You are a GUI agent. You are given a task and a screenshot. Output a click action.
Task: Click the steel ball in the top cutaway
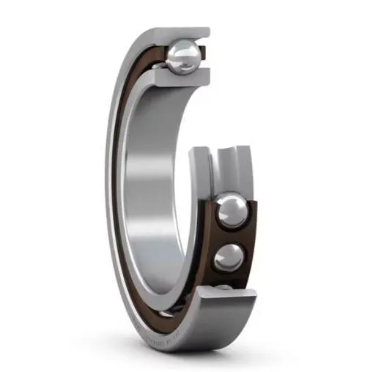(182, 56)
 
